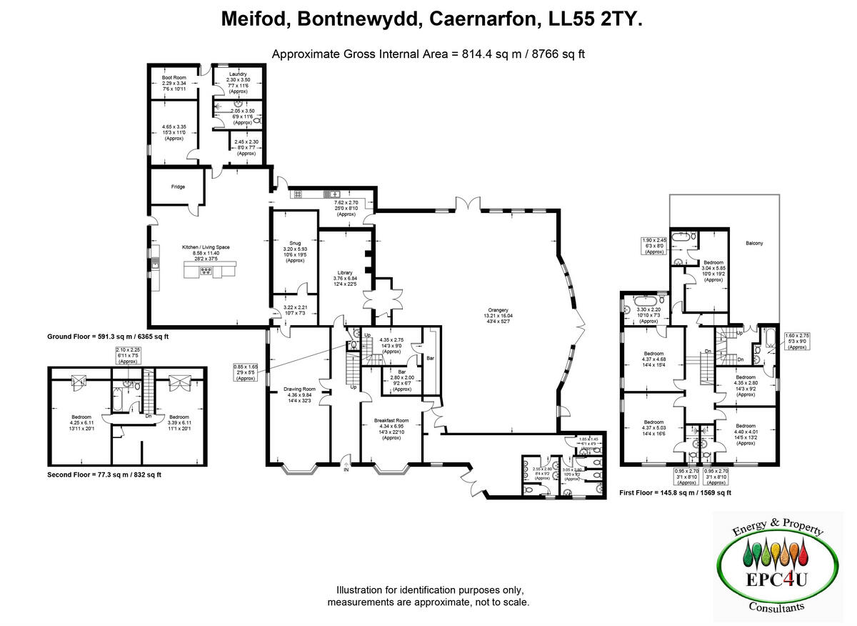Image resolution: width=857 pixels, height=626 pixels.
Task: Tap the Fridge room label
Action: (178, 187)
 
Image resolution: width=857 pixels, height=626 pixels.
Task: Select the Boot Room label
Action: (174, 76)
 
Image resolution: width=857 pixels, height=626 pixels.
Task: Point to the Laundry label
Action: (238, 74)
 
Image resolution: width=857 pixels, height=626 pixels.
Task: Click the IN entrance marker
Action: (346, 470)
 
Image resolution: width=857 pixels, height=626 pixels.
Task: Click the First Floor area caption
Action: (675, 492)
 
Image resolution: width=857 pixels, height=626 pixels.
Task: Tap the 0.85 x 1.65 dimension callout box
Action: (245, 372)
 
